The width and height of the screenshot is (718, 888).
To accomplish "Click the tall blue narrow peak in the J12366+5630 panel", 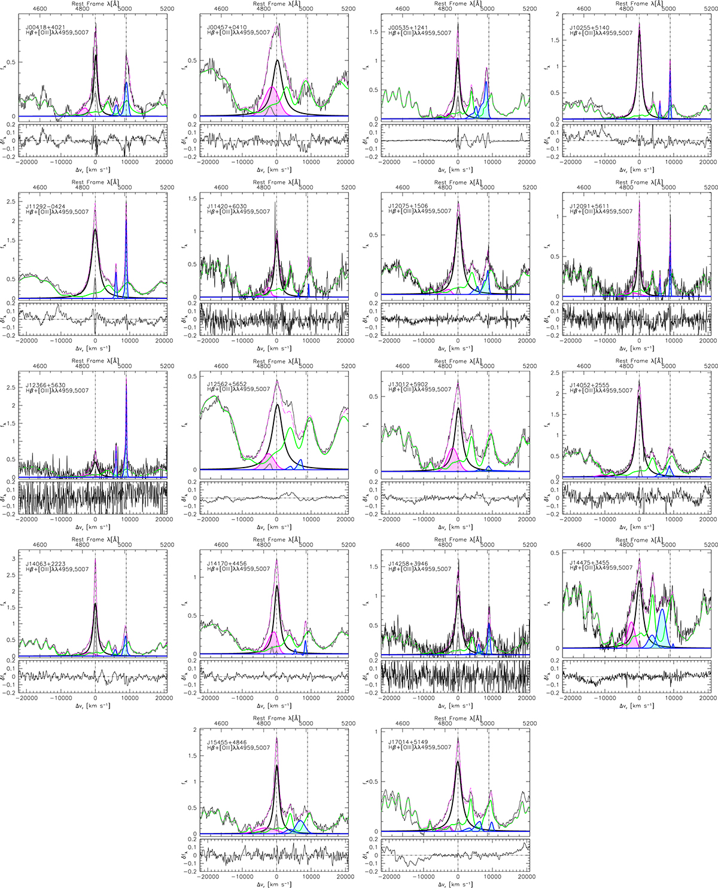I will click(126, 419).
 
